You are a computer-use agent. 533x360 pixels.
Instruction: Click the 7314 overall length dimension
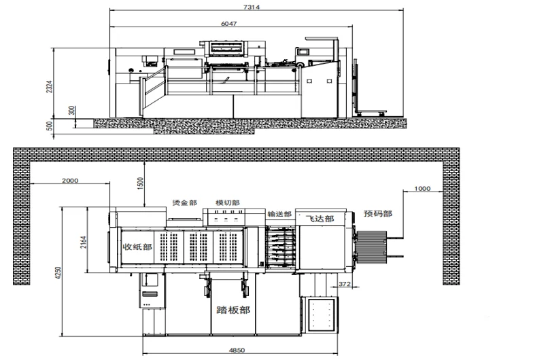[252, 7]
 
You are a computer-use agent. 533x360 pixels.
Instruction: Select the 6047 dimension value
[228, 23]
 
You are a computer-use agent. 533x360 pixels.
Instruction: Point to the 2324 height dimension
[49, 87]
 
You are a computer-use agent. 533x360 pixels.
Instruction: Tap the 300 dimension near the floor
[72, 110]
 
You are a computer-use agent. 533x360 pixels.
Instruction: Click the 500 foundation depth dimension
[49, 126]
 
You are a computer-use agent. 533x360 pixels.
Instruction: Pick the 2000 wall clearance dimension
[70, 181]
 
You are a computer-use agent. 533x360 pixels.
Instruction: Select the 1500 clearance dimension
[140, 183]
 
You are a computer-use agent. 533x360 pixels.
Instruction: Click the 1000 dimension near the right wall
[422, 189]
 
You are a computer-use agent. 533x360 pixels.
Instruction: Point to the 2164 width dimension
[83, 242]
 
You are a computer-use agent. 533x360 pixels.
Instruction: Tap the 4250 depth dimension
[58, 273]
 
